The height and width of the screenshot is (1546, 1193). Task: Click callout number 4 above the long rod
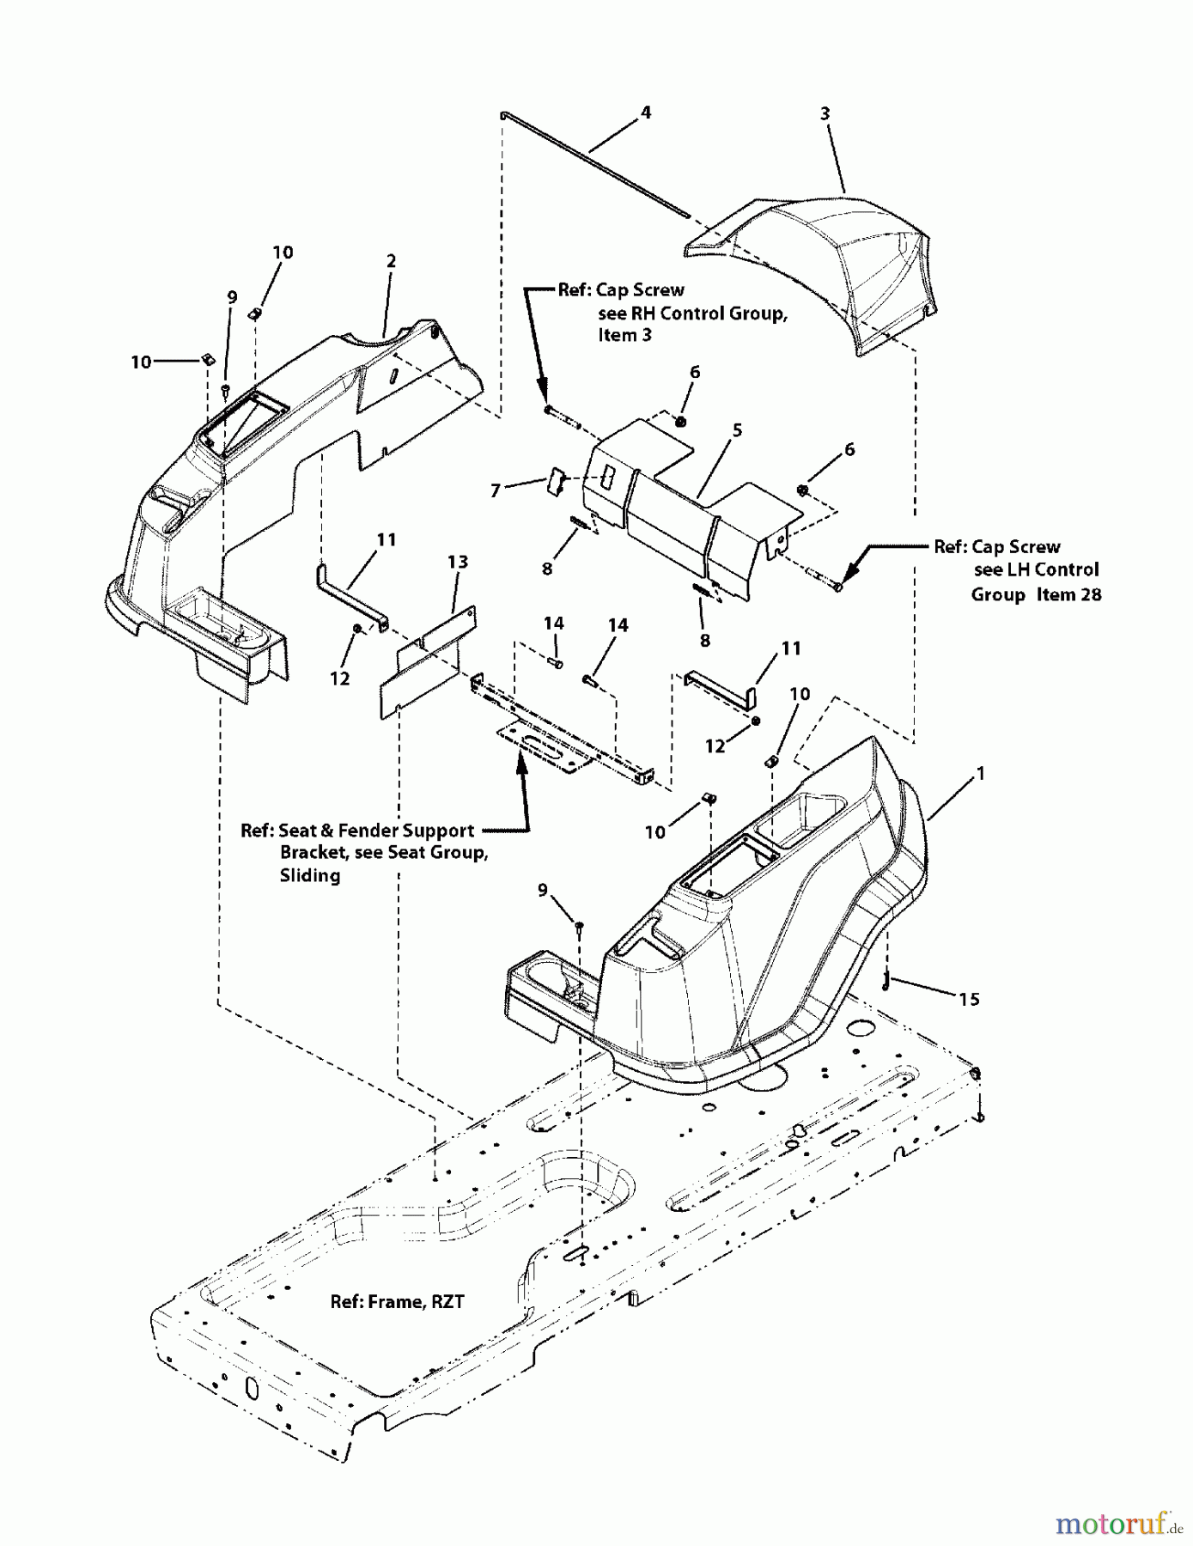(645, 113)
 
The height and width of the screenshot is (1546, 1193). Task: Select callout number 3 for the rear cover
(825, 113)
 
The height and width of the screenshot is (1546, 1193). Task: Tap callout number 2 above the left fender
(391, 261)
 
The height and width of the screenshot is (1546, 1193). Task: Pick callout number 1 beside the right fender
(980, 774)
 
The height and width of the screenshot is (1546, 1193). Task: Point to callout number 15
(969, 999)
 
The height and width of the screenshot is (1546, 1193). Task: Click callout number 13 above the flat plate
(458, 562)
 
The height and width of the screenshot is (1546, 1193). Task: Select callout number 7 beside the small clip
(496, 490)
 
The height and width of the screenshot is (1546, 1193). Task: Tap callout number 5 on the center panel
(737, 430)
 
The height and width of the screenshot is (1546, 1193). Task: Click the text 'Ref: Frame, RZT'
(397, 1302)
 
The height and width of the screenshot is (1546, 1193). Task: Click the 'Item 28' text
(1068, 594)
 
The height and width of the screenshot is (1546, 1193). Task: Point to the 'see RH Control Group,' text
(692, 313)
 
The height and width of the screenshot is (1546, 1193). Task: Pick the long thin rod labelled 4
(593, 162)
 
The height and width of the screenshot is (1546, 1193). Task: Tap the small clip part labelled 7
(555, 481)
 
